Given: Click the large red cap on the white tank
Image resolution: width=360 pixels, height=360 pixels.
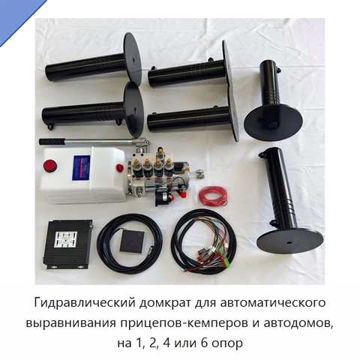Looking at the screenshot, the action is [50, 166].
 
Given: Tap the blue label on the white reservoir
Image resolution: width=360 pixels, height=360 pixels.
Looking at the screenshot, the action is [81, 168].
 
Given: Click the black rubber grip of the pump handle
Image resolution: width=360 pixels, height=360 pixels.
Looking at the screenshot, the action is [52, 142].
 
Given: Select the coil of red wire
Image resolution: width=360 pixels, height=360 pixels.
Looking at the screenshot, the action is [213, 195].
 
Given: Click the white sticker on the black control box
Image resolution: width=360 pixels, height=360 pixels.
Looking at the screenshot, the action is [66, 239].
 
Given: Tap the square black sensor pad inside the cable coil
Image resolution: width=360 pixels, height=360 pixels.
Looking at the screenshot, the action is [132, 241].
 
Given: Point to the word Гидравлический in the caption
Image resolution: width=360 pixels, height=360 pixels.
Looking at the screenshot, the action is [85, 303].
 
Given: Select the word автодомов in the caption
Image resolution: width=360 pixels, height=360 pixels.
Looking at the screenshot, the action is [298, 323].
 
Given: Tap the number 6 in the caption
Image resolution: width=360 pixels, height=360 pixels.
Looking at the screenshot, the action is [204, 343].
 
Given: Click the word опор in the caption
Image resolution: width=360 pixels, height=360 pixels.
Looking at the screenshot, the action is [227, 344].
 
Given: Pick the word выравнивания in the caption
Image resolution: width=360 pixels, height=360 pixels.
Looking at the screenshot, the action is [71, 323].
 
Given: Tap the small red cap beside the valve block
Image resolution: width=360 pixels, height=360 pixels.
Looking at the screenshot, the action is [120, 168].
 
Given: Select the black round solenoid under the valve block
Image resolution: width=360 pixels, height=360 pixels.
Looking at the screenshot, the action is [163, 198].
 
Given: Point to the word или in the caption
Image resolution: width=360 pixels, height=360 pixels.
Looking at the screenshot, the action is [185, 343].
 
